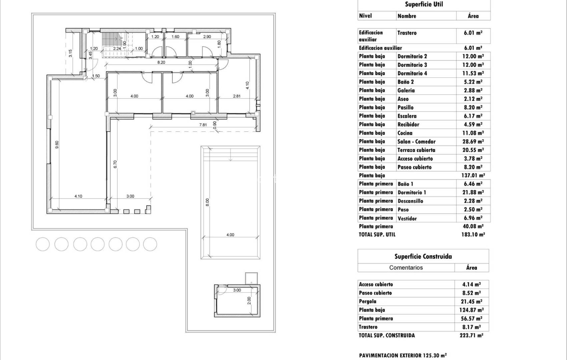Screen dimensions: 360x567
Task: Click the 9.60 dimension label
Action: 57,145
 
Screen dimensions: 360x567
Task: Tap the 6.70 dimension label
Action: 115,164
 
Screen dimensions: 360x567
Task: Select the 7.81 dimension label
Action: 203,125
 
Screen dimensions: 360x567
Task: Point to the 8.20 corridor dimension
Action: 161,62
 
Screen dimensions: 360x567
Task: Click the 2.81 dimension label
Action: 236,96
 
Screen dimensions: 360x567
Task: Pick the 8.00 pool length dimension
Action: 207,202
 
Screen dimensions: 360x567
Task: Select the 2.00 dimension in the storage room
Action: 249,301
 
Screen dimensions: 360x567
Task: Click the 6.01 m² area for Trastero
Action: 473,33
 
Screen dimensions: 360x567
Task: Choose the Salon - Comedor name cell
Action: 416,142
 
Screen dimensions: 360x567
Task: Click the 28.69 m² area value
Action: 473,142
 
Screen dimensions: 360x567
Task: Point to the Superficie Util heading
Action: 424,4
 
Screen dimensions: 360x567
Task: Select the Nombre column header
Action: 407,16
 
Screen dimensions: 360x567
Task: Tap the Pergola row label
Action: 368,302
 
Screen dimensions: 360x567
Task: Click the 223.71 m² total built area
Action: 471,336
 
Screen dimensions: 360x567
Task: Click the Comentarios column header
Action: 406,268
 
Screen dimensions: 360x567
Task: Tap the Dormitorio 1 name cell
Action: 412,193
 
